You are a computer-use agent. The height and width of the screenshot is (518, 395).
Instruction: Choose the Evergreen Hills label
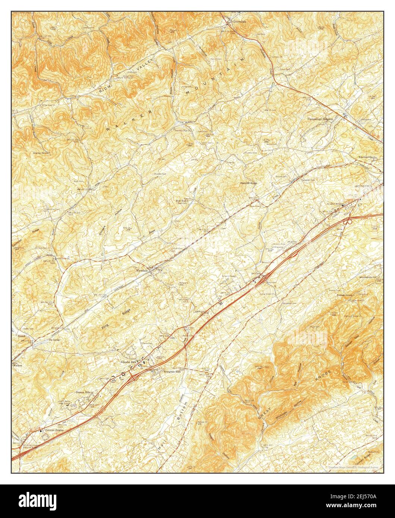click(172, 372)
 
